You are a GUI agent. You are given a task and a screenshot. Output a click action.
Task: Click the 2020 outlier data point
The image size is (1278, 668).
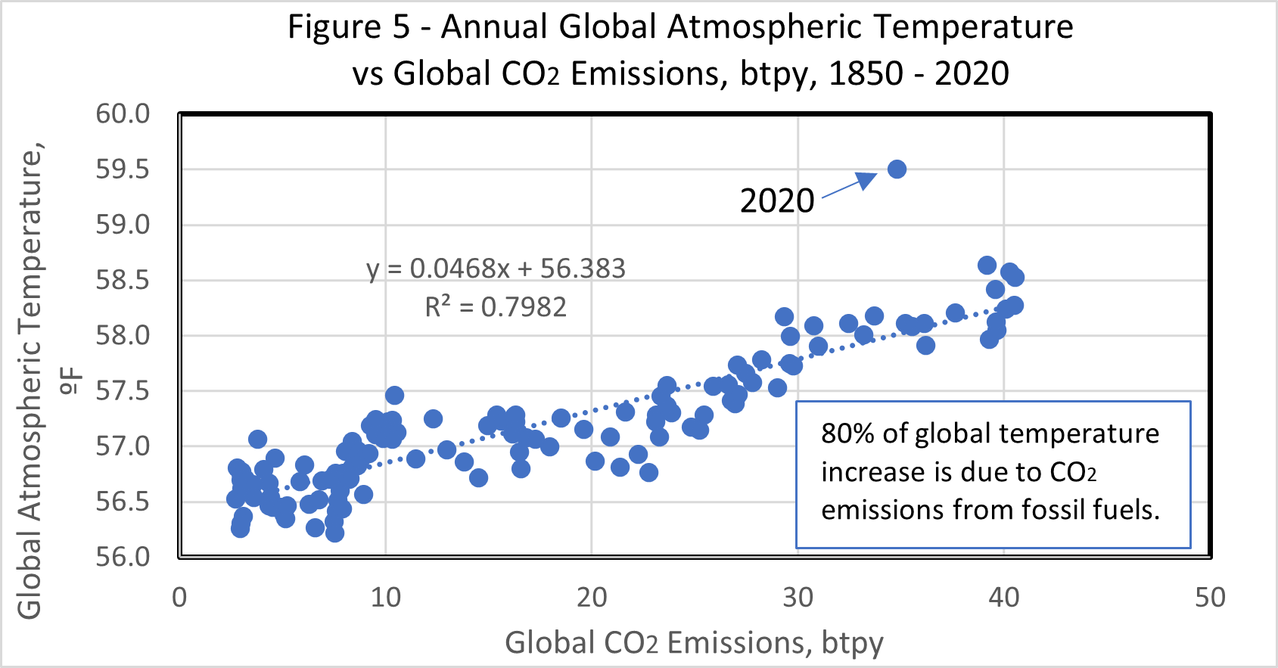[x=897, y=169]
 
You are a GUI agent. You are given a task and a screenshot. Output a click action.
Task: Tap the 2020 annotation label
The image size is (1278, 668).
[x=777, y=201]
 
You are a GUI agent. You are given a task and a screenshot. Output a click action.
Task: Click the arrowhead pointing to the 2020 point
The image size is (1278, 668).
[x=866, y=180]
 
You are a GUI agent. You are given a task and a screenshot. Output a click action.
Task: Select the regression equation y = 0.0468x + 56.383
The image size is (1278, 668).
[x=496, y=269]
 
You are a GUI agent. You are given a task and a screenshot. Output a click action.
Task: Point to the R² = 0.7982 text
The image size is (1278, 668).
[x=496, y=307]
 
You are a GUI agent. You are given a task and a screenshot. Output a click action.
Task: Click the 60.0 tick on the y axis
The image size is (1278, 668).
[x=123, y=114]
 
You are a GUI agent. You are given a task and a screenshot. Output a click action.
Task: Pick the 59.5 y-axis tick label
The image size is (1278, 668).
[x=123, y=169]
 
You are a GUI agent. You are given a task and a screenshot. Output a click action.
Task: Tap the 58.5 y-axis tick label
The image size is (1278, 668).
[x=123, y=281]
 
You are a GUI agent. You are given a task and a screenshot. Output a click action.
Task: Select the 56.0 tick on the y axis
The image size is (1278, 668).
[x=123, y=557]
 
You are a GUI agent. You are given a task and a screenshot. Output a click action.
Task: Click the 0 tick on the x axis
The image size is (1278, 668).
[x=179, y=598]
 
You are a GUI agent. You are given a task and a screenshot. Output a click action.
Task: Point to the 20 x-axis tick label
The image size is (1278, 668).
[x=592, y=598]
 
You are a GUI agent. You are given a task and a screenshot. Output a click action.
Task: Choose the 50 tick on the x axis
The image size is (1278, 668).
[x=1210, y=598]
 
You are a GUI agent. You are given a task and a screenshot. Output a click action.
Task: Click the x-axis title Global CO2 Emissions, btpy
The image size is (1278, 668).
[x=694, y=643]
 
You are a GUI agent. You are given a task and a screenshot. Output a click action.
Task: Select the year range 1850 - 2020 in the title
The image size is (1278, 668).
[x=919, y=74]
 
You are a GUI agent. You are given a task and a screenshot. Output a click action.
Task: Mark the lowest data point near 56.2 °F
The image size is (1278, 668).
[x=334, y=533]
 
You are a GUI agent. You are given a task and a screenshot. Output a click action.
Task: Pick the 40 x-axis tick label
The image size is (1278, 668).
[x=1003, y=598]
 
